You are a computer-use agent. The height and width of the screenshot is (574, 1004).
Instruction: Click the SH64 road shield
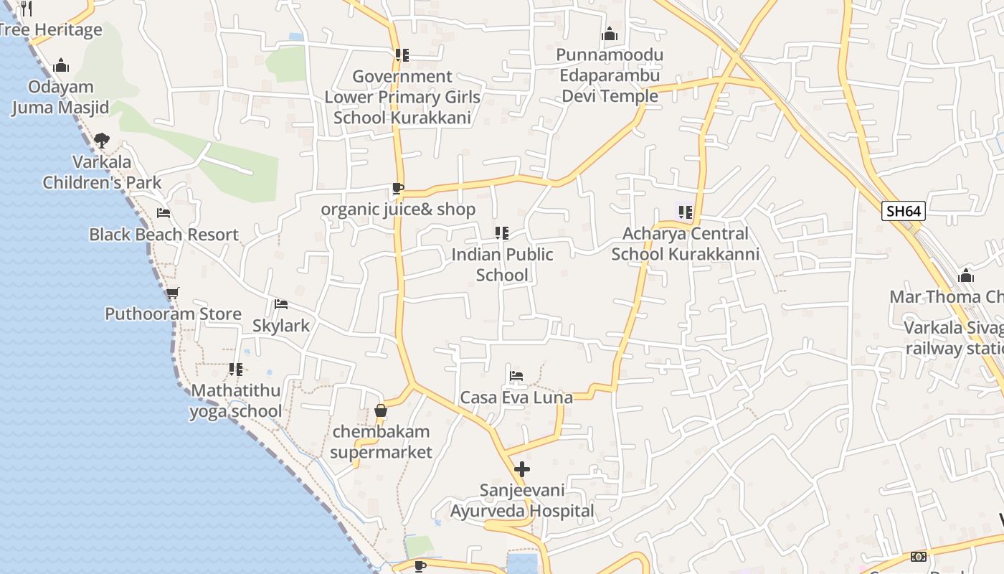(x=904, y=211)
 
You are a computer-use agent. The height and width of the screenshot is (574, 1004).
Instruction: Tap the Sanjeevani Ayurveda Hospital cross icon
(x=522, y=470)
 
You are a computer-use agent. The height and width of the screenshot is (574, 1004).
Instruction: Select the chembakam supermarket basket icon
(x=381, y=411)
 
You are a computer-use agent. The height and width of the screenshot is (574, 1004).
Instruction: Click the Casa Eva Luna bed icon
(x=516, y=376)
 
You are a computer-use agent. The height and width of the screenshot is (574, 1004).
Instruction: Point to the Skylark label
(x=281, y=326)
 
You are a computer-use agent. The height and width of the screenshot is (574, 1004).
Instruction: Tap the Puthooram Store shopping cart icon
(x=172, y=293)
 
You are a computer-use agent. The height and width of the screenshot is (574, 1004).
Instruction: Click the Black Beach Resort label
(x=164, y=235)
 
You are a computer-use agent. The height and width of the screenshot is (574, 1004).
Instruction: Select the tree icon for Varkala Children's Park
(x=102, y=141)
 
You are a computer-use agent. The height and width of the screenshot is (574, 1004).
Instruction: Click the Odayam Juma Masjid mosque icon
(x=61, y=66)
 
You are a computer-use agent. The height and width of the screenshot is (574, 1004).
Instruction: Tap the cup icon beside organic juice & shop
(x=397, y=189)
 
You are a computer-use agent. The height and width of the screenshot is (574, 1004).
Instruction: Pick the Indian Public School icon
(x=502, y=233)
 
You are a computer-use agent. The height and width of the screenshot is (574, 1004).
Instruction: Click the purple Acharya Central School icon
(x=685, y=212)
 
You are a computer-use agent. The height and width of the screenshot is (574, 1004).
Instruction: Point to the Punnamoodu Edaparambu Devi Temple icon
(x=610, y=34)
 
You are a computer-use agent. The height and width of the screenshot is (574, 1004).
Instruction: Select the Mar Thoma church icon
(x=966, y=276)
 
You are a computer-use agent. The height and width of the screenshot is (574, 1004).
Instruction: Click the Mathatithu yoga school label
(x=236, y=401)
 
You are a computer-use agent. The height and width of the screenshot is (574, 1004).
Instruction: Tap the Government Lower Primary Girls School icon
(x=402, y=55)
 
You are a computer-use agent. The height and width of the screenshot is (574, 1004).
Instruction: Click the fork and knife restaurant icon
(x=27, y=8)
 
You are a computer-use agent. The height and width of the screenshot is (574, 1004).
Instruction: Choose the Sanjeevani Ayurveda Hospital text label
(x=522, y=501)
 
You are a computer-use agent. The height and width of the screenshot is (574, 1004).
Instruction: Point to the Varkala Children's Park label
(x=102, y=172)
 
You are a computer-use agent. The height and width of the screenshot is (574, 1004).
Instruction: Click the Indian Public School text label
(x=503, y=265)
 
